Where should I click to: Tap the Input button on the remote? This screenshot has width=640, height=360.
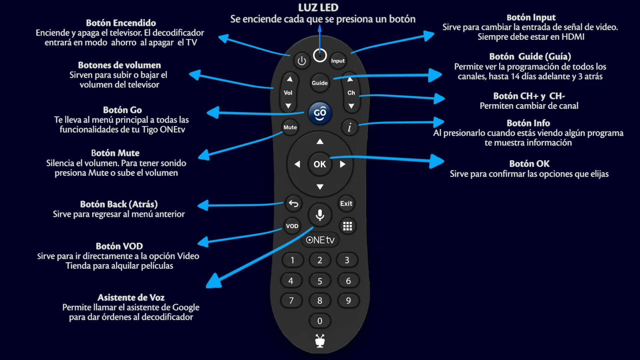[x=338, y=61]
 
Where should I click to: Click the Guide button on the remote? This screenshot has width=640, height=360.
[x=320, y=83]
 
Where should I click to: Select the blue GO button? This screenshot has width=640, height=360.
[x=320, y=113]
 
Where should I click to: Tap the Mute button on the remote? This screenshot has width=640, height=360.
[x=290, y=127]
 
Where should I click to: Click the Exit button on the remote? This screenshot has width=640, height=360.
[x=346, y=204]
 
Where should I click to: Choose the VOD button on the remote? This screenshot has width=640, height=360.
[x=292, y=226]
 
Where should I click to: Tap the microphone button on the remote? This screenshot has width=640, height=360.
[x=320, y=215]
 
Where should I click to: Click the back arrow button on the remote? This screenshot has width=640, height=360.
[x=293, y=204]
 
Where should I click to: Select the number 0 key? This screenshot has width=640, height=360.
[x=320, y=321]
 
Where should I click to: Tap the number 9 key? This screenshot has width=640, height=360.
[x=348, y=301]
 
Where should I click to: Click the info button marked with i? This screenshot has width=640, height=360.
[x=349, y=127]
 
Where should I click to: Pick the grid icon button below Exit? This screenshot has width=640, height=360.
[x=347, y=226]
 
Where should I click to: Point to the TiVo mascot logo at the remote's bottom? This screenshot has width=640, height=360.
[x=320, y=341]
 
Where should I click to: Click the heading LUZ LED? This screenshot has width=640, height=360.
[x=318, y=8]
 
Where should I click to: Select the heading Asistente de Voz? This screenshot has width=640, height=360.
[x=131, y=297]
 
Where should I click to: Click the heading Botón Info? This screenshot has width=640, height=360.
[x=528, y=123]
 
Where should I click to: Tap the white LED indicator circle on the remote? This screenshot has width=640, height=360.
[x=320, y=56]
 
